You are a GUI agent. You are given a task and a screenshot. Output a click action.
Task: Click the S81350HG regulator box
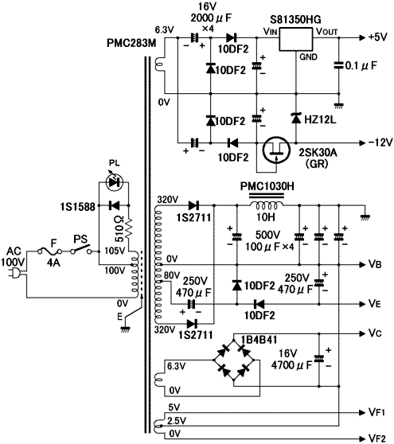[296, 39]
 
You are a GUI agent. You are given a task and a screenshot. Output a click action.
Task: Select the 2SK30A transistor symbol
[276, 150]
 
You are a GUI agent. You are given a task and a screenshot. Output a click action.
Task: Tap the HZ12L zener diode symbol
[296, 118]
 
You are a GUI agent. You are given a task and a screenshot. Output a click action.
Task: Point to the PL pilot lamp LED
[114, 183]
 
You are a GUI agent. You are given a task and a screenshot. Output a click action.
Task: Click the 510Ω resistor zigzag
[129, 228]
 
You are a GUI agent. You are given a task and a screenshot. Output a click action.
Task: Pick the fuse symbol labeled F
[50, 251]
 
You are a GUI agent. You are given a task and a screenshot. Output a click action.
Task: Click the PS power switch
[81, 250]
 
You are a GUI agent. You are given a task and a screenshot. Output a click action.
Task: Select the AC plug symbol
[16, 273]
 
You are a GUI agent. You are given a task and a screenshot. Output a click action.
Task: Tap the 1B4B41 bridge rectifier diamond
[234, 360]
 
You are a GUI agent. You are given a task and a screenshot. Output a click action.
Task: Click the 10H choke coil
[267, 204]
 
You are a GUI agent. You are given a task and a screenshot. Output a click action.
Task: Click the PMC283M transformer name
[131, 43]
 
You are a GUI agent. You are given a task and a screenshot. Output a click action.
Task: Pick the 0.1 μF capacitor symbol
[338, 65]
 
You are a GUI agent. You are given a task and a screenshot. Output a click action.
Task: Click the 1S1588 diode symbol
[114, 205]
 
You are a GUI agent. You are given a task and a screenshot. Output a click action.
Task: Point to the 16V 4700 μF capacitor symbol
[319, 359]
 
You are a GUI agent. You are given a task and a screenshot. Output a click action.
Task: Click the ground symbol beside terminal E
[125, 329]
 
